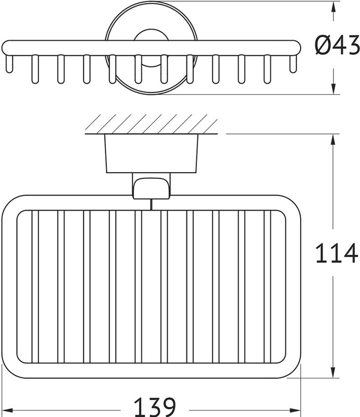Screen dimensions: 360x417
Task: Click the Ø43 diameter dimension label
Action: [337, 46]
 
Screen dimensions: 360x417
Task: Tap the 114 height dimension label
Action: [337, 253]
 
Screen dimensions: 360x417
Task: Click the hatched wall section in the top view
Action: [151, 124]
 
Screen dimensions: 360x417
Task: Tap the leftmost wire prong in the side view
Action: [9, 64]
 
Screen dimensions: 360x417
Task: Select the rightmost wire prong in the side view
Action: [293, 64]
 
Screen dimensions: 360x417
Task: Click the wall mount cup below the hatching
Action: [152, 153]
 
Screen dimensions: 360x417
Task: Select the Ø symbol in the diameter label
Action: [323, 46]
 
